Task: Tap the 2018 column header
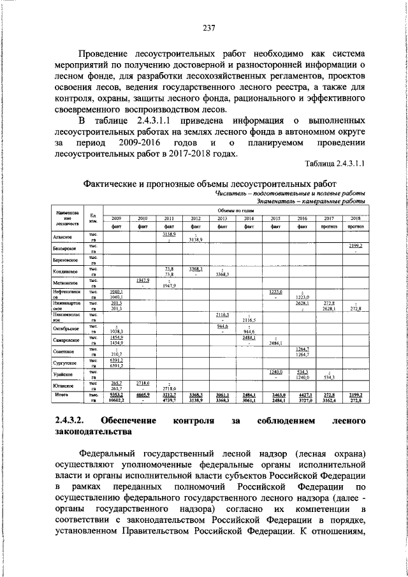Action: pos(355,218)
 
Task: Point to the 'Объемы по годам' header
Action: pos(235,210)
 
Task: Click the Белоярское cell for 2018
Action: pos(355,249)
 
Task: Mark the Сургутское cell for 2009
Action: pos(116,363)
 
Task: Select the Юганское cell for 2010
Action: pos(143,385)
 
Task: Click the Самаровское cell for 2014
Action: pos(249,340)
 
